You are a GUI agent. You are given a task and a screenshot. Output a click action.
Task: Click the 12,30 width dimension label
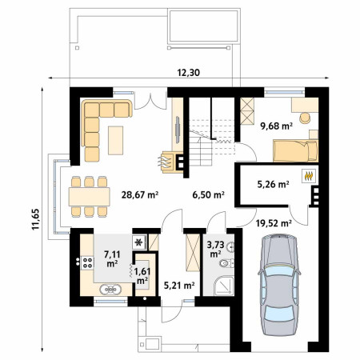click(189, 73)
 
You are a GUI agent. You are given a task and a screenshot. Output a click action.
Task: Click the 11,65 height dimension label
click(36, 219)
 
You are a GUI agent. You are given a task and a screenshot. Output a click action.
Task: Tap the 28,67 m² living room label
click(140, 194)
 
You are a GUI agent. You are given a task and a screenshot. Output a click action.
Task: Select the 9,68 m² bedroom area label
click(276, 126)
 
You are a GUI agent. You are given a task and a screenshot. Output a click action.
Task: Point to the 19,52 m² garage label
click(274, 222)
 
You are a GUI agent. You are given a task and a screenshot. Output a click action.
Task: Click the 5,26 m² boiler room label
click(273, 184)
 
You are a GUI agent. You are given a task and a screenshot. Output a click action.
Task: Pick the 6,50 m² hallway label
click(208, 194)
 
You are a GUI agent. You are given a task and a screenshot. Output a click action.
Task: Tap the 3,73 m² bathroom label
click(215, 250)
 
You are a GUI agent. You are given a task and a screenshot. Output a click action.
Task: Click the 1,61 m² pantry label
click(142, 276)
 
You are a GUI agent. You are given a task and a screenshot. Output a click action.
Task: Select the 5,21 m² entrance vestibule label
click(179, 286)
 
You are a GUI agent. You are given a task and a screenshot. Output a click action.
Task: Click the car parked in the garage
click(279, 285)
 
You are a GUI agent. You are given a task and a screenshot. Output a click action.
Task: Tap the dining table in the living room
click(90, 197)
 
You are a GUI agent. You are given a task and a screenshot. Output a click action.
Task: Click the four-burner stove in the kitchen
click(87, 262)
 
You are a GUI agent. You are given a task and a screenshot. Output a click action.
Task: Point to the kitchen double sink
click(110, 290)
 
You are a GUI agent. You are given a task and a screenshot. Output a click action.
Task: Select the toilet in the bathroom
click(227, 263)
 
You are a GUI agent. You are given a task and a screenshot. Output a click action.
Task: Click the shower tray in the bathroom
click(224, 286)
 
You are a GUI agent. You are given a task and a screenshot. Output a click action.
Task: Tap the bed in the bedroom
click(295, 150)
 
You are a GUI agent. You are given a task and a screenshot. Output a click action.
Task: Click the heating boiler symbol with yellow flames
click(309, 176)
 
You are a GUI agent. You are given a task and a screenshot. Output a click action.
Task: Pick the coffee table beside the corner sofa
click(115, 140)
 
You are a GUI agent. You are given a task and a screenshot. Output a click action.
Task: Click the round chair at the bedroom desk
click(305, 118)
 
